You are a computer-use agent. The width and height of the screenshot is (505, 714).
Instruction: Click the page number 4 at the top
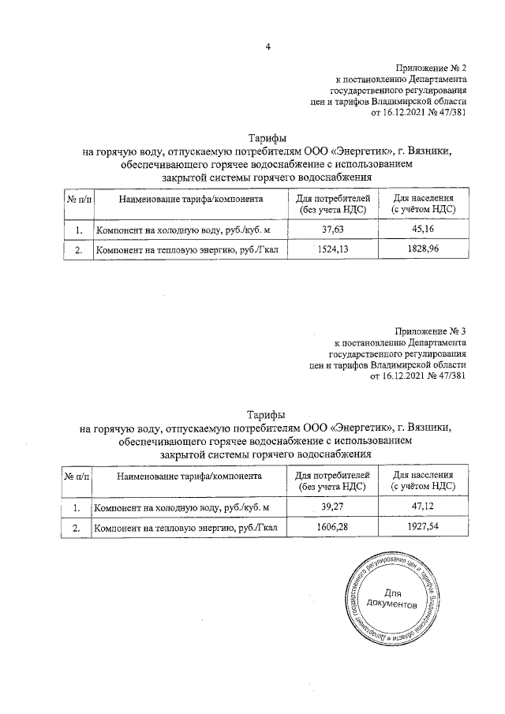[x=268, y=47]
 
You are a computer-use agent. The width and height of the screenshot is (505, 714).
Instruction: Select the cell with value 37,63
[x=331, y=230]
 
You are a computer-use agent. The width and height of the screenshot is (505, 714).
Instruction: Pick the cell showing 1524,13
[x=331, y=251]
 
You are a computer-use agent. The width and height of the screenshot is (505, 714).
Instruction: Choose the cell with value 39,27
[x=331, y=507]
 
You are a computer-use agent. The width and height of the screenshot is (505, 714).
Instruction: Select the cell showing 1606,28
[x=331, y=528]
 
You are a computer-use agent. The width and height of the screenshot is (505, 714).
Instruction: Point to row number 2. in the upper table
[x=78, y=251]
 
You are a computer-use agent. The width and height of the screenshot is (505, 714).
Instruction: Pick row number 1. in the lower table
[x=77, y=507]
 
